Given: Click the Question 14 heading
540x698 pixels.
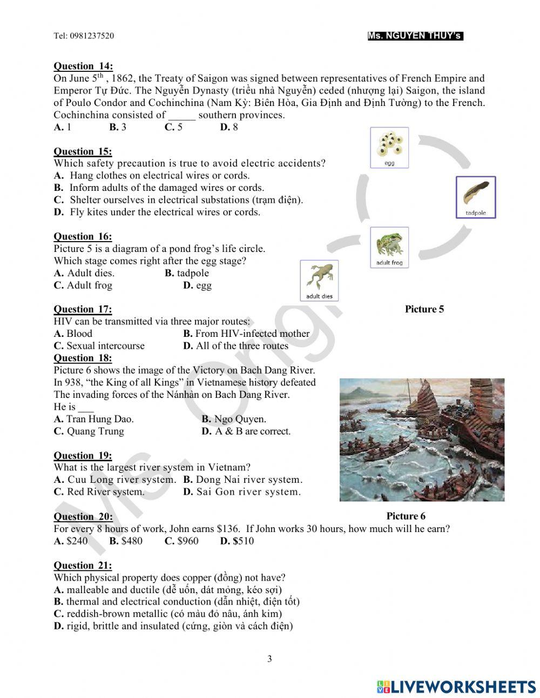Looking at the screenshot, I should pos(83,66).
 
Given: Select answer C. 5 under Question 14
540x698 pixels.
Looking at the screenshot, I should pos(173,127).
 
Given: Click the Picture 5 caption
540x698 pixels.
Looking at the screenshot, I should pos(424,309).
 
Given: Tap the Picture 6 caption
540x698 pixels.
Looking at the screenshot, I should pos(406,516).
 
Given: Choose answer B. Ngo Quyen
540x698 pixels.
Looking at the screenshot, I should pos(234,419).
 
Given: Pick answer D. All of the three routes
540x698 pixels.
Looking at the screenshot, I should pos(236,346).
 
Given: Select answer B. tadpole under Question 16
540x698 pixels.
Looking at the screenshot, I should pos(187,273).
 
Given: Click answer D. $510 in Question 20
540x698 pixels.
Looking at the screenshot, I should pos(237,541).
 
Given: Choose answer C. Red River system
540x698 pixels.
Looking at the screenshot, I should pos(99,492).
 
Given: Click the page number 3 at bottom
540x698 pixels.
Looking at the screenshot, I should pos(270,659).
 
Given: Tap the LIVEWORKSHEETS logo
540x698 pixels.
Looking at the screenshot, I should pos(456,687).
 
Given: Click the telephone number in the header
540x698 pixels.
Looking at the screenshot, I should pos(84,36).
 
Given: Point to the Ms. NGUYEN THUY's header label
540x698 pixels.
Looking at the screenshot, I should pos(415,36).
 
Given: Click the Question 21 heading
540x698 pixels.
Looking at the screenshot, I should pos(83,566).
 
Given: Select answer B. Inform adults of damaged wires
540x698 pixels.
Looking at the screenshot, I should pos(159,188).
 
